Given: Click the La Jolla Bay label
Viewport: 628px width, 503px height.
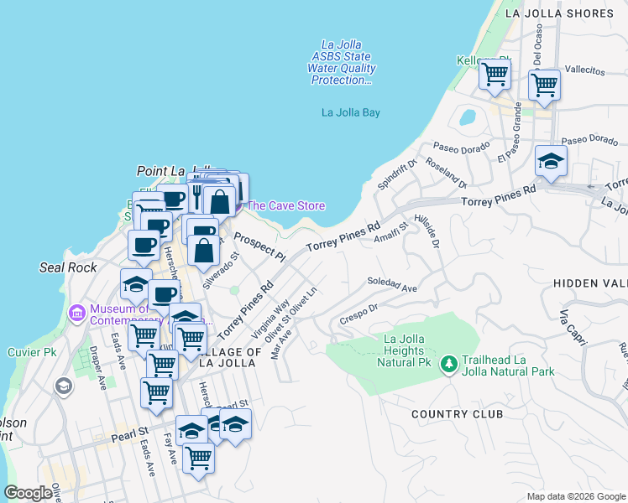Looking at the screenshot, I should tap(351, 112).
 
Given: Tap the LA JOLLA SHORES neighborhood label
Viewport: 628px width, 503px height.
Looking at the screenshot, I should tap(560, 13).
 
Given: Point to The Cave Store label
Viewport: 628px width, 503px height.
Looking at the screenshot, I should tap(285, 205).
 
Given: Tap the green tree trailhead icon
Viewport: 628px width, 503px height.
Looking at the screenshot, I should tap(449, 363).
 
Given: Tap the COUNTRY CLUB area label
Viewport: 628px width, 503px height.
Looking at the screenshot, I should tap(457, 414).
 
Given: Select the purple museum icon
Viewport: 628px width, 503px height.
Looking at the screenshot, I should tap(77, 314).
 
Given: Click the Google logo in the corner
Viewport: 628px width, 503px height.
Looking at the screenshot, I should tap(28, 493).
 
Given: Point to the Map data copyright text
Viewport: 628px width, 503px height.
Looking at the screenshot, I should tap(576, 496).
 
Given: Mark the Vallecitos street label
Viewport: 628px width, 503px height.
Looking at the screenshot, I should tap(584, 70).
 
